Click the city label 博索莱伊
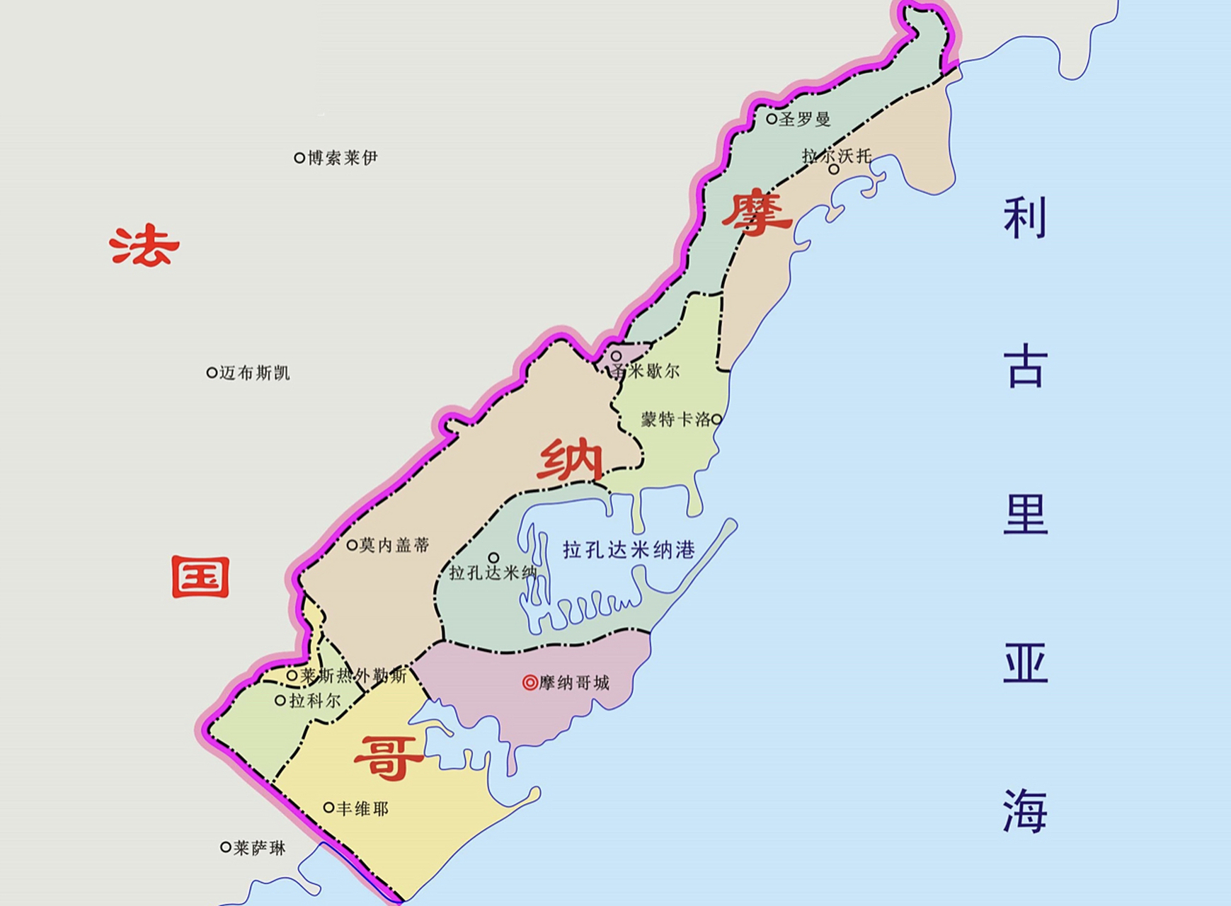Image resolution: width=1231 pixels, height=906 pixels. click(x=342, y=157)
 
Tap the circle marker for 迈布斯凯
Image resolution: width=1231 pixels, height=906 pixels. click(x=212, y=372)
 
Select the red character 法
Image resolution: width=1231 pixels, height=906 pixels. click(x=144, y=246)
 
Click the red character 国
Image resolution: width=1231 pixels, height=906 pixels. click(x=200, y=577)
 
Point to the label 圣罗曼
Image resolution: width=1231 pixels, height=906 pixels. click(x=804, y=119)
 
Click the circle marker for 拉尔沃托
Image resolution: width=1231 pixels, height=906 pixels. click(x=834, y=169)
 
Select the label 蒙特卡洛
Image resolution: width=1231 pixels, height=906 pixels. click(x=676, y=419)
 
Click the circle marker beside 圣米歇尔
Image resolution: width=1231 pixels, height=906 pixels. click(x=617, y=356)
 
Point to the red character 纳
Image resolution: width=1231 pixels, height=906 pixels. click(x=570, y=460)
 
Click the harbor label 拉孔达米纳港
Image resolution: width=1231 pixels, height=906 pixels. click(x=629, y=549)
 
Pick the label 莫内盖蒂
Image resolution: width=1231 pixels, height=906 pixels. click(x=394, y=545)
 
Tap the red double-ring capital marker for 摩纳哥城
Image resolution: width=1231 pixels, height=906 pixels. click(x=529, y=682)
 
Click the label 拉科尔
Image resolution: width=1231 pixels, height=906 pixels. click(x=315, y=701)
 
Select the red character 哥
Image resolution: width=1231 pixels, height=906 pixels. click(x=388, y=758)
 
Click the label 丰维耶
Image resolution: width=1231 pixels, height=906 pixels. click(x=362, y=808)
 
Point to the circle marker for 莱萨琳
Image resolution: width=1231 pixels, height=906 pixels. click(x=225, y=847)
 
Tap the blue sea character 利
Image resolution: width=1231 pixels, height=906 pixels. click(x=1024, y=218)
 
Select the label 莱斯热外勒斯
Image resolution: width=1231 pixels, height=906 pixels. click(x=353, y=676)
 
